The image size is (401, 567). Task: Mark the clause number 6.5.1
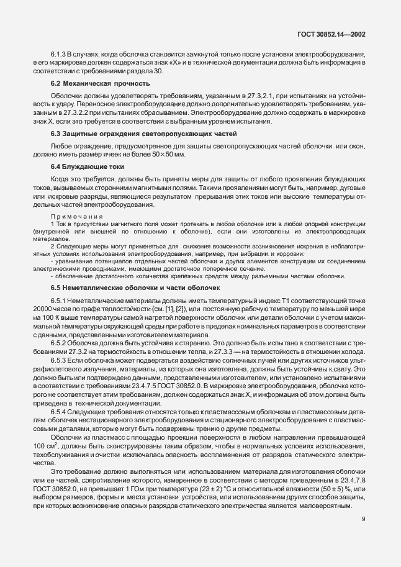tap(59, 302)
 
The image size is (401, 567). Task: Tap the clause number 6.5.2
tap(59, 343)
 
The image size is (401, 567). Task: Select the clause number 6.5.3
tap(59, 360)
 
